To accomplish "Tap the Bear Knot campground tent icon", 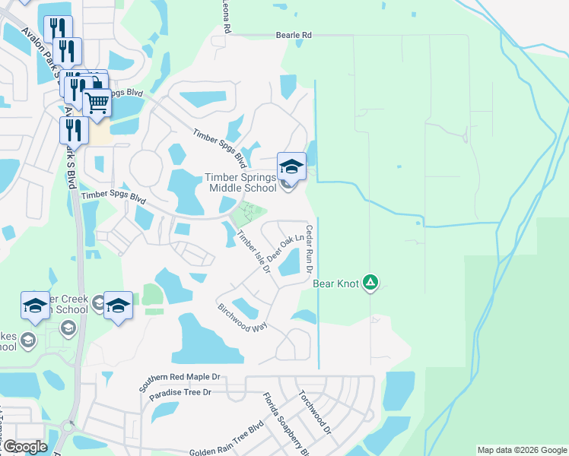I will click(370, 283).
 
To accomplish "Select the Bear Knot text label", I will click(335, 284).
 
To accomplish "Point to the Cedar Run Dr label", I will click(310, 249).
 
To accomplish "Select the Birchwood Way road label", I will click(243, 321).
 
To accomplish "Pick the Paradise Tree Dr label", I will click(180, 394).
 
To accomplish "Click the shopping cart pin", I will click(97, 102).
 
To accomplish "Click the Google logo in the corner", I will click(25, 447).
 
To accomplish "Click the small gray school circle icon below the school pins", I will click(67, 328).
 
